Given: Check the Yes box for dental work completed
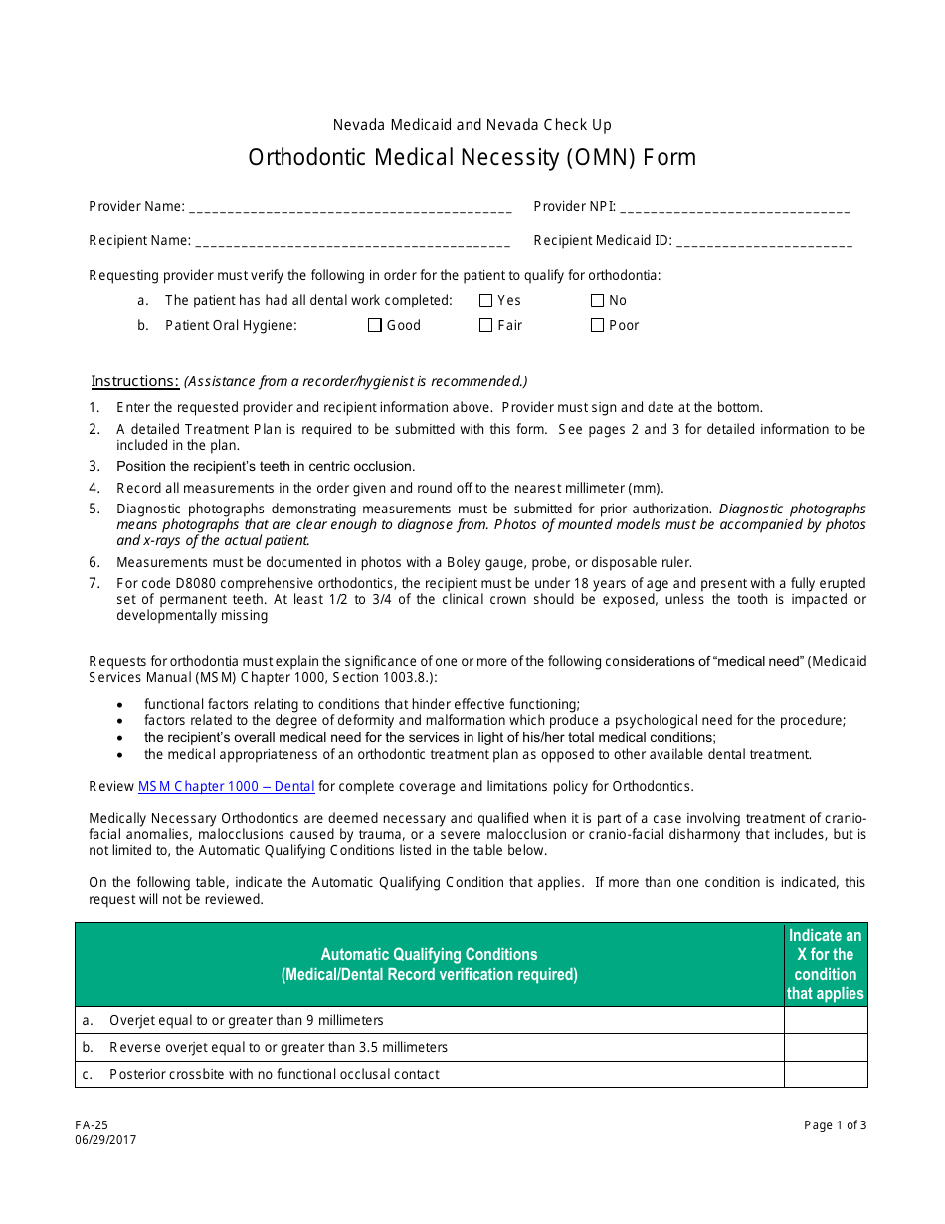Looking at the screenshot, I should (x=486, y=301).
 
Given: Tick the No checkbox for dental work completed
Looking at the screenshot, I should (x=598, y=301).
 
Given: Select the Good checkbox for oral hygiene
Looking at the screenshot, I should (x=375, y=325).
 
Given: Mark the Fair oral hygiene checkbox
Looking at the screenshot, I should (x=486, y=325).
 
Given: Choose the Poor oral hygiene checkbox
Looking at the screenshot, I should (x=598, y=325).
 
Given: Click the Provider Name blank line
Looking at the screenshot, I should (x=349, y=208).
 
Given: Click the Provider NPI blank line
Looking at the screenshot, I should (x=734, y=208).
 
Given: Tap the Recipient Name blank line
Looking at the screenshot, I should (x=352, y=241).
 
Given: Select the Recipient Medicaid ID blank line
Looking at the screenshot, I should (x=764, y=241).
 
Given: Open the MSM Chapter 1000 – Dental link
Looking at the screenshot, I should (x=226, y=787).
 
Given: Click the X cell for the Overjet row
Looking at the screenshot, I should (x=826, y=1021).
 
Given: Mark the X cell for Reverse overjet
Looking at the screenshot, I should (x=826, y=1048).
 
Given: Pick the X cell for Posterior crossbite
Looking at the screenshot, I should (x=826, y=1075).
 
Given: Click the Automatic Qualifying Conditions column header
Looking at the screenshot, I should (x=429, y=965).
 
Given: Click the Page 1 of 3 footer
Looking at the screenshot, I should (x=835, y=1125).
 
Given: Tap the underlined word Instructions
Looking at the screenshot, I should (x=135, y=381).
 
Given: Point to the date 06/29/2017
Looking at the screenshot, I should (x=105, y=1140).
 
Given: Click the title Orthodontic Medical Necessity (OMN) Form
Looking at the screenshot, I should (x=472, y=158).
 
